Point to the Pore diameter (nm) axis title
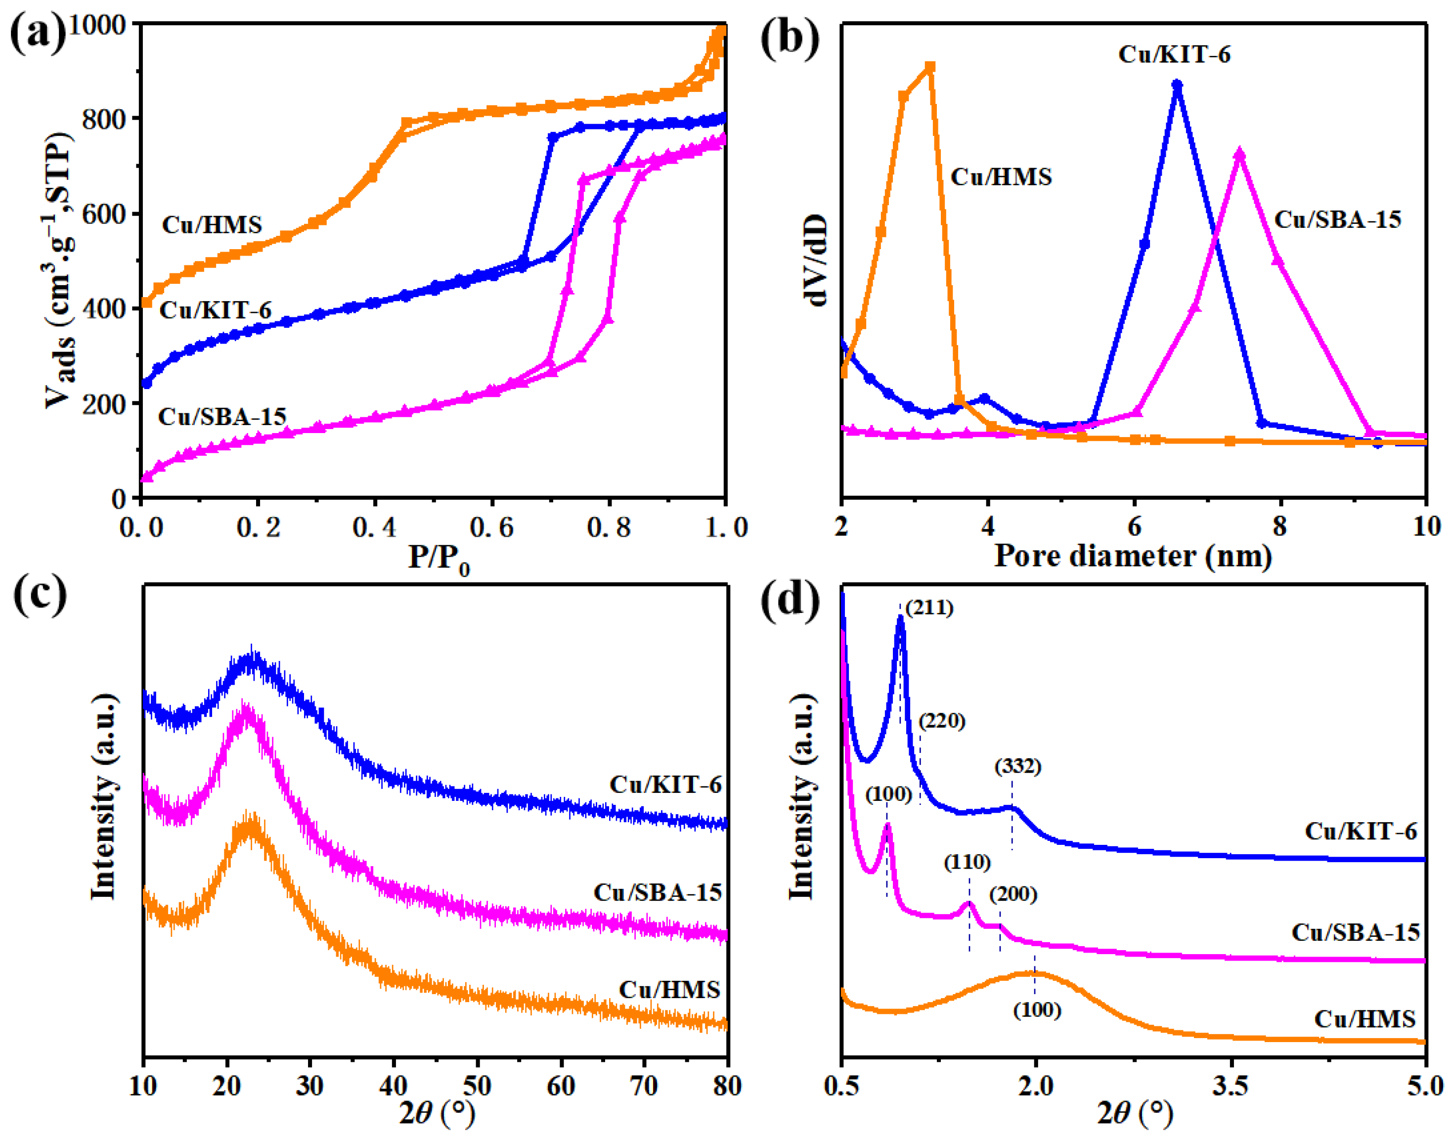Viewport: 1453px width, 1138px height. pyautogui.click(x=1133, y=556)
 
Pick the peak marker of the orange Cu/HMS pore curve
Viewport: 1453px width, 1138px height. pyautogui.click(x=930, y=67)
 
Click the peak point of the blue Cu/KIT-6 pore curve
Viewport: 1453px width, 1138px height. pyautogui.click(x=1177, y=85)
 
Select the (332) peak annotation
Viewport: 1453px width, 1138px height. pyautogui.click(x=1017, y=767)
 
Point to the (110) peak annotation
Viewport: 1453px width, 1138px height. pyautogui.click(x=968, y=862)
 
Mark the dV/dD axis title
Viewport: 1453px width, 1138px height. pyautogui.click(x=817, y=261)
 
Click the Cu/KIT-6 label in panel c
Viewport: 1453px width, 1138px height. pyautogui.click(x=665, y=785)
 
